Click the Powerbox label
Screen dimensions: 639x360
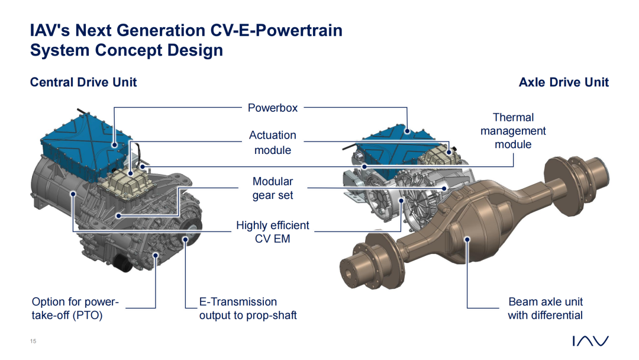[x=273, y=108]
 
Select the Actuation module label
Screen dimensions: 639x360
[x=273, y=142]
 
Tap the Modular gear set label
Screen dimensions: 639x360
[x=273, y=188]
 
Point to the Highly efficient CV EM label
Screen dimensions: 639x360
[x=273, y=232]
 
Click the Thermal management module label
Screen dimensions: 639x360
[x=513, y=131]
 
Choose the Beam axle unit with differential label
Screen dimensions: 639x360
[x=546, y=308]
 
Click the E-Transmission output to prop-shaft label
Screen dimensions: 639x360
[x=248, y=308]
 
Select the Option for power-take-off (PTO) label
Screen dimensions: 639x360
[x=75, y=308]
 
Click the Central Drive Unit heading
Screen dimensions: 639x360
[x=83, y=82]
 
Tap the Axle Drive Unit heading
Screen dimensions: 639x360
[x=564, y=82]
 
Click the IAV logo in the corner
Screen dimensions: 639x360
[x=590, y=341]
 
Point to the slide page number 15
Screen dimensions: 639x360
[x=33, y=341]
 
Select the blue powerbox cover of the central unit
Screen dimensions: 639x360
[x=83, y=147]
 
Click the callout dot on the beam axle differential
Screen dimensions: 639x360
[x=467, y=239]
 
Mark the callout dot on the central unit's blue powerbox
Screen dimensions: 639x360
[x=115, y=144]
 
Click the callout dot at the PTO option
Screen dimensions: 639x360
[x=156, y=255]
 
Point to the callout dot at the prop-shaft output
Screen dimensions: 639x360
[x=185, y=240]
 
